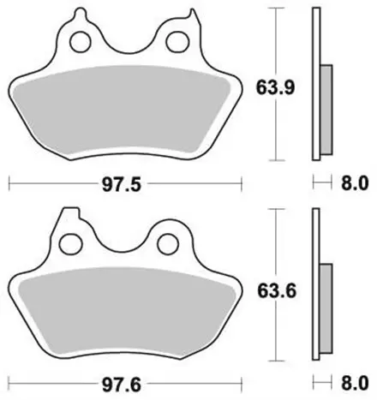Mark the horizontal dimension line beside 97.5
pyautogui.click(x=51, y=183)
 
